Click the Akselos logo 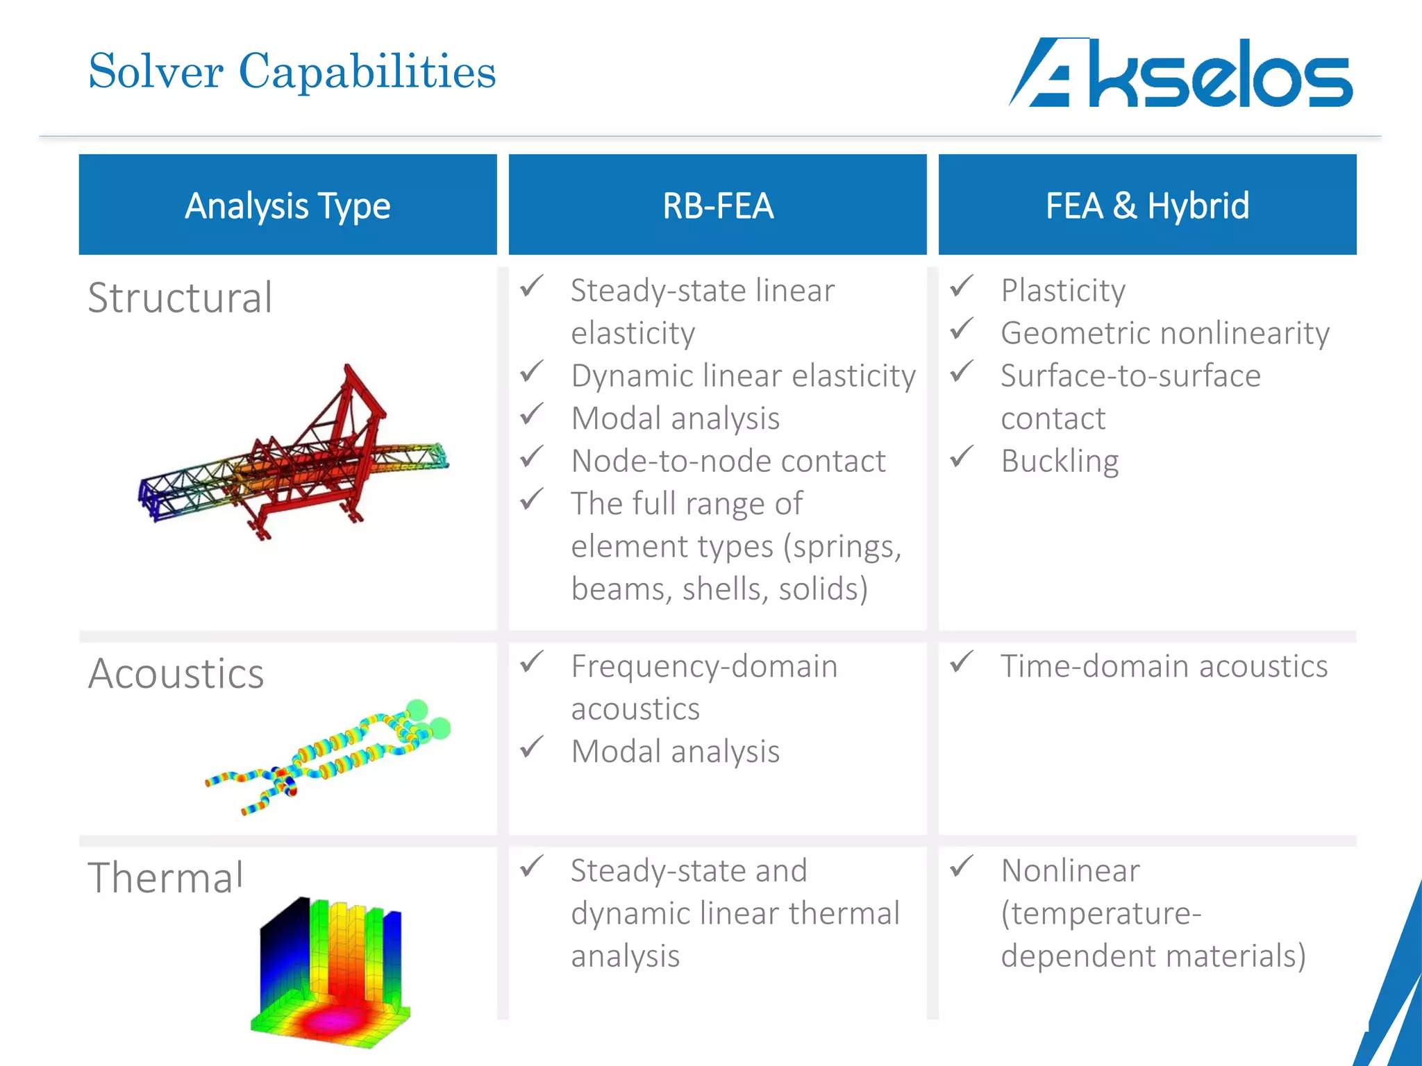tap(1180, 73)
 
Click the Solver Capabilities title tap(292, 71)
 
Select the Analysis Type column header tap(287, 205)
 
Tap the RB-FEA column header tap(717, 205)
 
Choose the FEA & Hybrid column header tap(1147, 205)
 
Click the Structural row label tap(180, 298)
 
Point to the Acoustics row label tap(176, 674)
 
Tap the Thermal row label tap(165, 877)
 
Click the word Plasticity tap(1062, 291)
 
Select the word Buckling tap(1060, 462)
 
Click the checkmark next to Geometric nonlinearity tap(962, 328)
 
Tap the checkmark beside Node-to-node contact tap(532, 456)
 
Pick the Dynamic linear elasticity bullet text tap(743, 376)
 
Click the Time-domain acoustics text tap(1164, 666)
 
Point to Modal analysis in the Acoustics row tap(675, 752)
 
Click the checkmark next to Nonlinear tap(962, 865)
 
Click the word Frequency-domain tap(704, 666)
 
